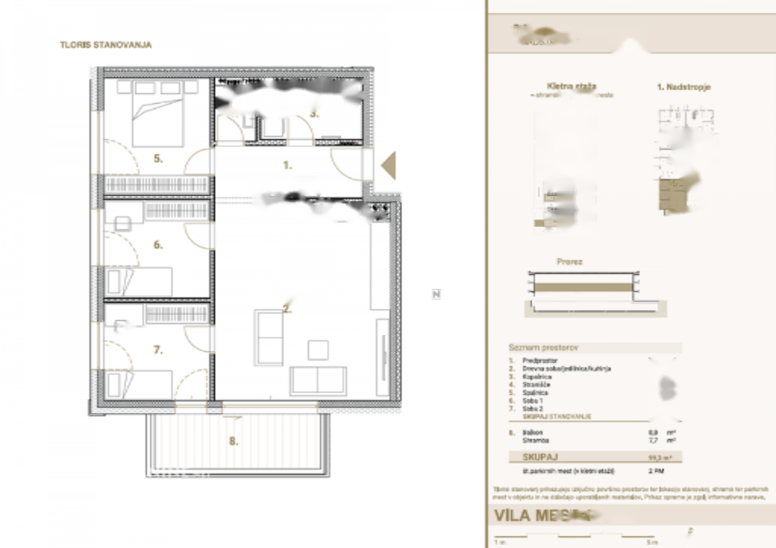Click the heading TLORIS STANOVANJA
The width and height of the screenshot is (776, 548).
click(x=105, y=45)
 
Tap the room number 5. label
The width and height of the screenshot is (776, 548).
click(x=158, y=159)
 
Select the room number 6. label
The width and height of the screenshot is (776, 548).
click(x=158, y=245)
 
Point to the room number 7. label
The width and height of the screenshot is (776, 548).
click(x=158, y=350)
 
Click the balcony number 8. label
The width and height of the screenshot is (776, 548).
click(x=233, y=441)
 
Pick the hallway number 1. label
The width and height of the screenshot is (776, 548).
click(x=288, y=165)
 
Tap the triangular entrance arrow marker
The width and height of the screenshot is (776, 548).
click(x=389, y=165)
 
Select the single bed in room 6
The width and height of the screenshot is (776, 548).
click(x=138, y=282)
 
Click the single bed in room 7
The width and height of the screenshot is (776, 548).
click(x=138, y=385)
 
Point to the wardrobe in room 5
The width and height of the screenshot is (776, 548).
click(x=157, y=185)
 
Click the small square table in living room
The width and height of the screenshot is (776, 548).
click(x=318, y=350)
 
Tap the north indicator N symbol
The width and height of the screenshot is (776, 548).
click(x=436, y=294)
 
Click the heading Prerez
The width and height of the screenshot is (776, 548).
click(x=569, y=262)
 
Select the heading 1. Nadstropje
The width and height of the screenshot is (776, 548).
click(x=684, y=87)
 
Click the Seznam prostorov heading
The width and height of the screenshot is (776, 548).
click(x=543, y=348)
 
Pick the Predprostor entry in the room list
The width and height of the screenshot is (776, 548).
click(x=540, y=361)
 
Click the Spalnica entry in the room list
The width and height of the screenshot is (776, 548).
click(x=537, y=392)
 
